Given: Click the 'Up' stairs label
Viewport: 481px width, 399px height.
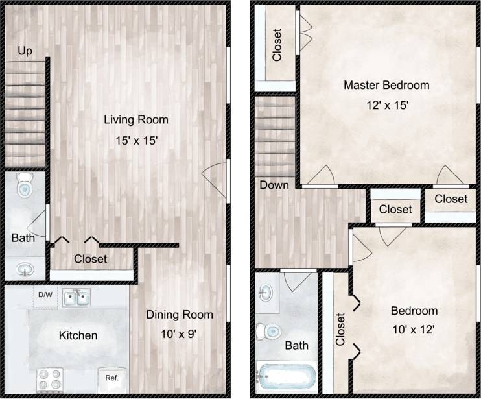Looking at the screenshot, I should coord(25,51).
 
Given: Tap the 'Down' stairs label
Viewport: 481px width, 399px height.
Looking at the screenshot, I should coord(274,185).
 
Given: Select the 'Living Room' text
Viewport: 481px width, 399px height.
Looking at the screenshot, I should coord(136,119).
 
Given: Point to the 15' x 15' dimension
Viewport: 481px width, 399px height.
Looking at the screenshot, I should coord(136,139).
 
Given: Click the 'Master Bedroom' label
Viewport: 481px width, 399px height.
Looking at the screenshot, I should coord(386,85).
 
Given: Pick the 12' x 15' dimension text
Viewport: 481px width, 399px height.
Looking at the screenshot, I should coord(386,104).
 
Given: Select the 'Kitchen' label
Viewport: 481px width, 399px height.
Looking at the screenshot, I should coord(78,335).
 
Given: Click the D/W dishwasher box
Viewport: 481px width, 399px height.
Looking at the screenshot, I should coord(45,295).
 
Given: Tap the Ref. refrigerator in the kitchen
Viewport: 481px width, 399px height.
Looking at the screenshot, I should coord(108,377).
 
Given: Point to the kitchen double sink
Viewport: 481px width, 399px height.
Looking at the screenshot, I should coord(76,298).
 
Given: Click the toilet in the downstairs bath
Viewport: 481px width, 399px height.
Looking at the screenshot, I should coord(25,186).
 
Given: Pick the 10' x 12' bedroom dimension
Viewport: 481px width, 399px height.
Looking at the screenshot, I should coord(414,330).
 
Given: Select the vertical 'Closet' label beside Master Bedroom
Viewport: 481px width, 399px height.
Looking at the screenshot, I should coord(277,45).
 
